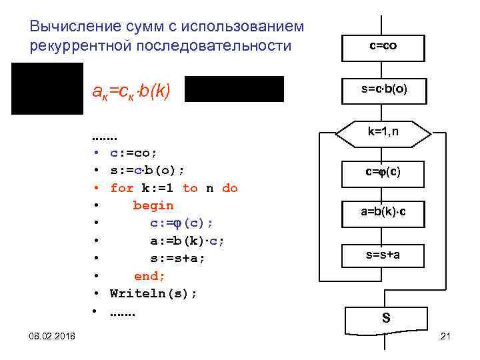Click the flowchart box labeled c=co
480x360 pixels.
383,47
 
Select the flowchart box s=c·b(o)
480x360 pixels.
383,89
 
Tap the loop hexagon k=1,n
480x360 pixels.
383,132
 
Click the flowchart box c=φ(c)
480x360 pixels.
383,172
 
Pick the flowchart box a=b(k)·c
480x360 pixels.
383,213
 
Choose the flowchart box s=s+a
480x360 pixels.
383,254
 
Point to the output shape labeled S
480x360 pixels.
385,319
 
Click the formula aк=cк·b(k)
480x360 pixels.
132,91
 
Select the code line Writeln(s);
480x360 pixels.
153,293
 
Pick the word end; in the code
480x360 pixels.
149,275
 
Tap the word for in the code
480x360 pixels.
121,188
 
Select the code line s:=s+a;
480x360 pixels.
177,258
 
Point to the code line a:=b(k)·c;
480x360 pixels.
187,241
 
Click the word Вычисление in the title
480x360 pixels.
75,27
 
